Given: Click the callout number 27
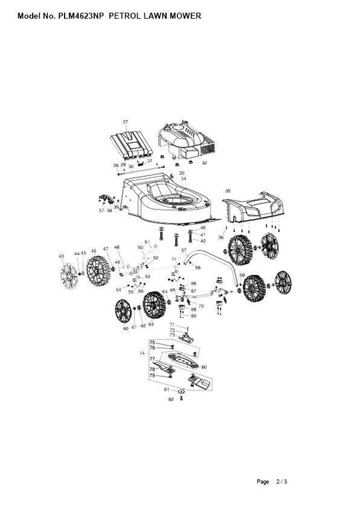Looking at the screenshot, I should [125, 122].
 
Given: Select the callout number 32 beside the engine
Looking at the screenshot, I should [204, 162].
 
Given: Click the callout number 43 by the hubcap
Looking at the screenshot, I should [61, 256].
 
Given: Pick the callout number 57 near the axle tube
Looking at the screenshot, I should [183, 251].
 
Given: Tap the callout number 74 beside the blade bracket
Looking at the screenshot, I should [141, 352].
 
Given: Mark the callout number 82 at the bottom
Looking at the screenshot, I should [171, 399].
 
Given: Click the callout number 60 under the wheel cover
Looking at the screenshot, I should [125, 328].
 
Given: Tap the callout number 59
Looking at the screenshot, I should [242, 275].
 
